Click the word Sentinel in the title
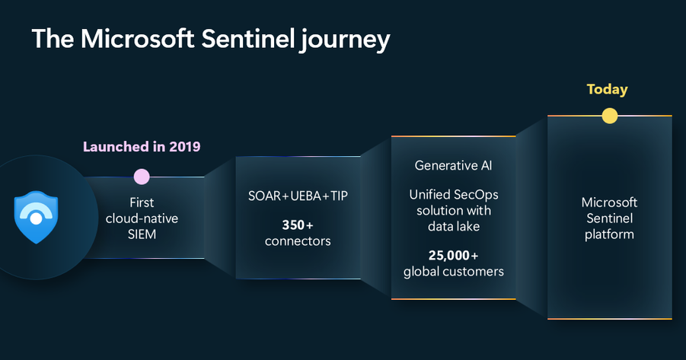(x=247, y=39)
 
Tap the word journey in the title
(x=345, y=40)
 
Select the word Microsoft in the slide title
(x=137, y=39)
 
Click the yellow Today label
(x=608, y=89)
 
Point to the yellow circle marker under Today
(x=609, y=116)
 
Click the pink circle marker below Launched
(x=142, y=177)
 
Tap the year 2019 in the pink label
(x=184, y=147)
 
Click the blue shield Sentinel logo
(x=37, y=217)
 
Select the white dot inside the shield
(x=37, y=218)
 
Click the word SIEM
(x=142, y=234)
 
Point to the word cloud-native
(x=142, y=218)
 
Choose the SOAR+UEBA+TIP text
(x=298, y=196)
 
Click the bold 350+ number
(x=298, y=225)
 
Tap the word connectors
(x=298, y=241)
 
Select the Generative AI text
(x=453, y=165)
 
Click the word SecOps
(x=476, y=195)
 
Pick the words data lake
(x=454, y=226)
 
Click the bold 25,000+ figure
(x=453, y=256)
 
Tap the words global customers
(x=454, y=272)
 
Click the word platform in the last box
(x=609, y=234)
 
